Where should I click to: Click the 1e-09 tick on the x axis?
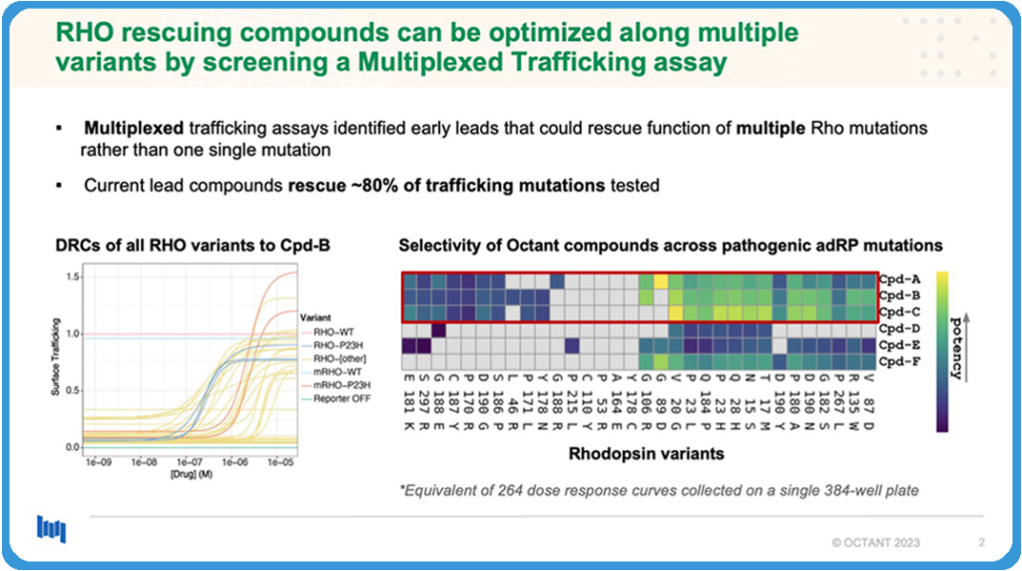98,464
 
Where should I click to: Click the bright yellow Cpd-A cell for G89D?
661,281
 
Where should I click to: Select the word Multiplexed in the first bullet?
130,130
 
